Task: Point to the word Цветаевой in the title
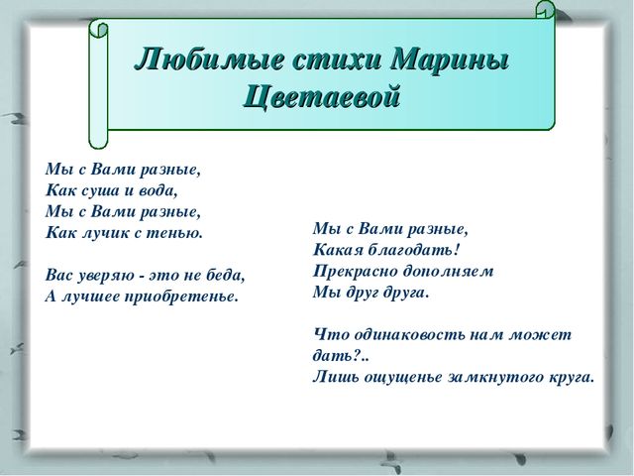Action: (322, 97)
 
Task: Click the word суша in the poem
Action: (101, 190)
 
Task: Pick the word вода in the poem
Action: (158, 190)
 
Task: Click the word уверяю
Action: (106, 276)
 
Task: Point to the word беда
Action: (226, 276)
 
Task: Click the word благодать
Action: (414, 250)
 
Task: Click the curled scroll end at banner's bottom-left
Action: (98, 138)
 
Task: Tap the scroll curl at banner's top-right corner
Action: (546, 10)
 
